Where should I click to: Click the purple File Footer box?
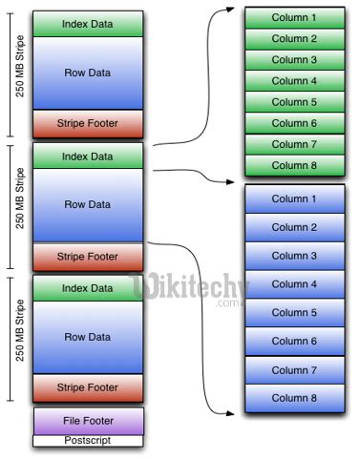[88, 420]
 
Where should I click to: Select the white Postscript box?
[88, 440]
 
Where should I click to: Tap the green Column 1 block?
[294, 18]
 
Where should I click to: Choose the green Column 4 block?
[294, 81]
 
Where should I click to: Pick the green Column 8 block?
[294, 165]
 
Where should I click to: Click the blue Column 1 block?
[294, 198]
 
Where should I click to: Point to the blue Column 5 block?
[294, 312]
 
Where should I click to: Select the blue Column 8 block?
[294, 398]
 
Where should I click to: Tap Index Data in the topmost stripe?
[88, 23]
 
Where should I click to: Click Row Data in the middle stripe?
[88, 204]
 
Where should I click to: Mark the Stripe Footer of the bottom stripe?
[88, 387]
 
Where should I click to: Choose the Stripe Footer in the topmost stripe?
[88, 123]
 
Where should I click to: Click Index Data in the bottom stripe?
[88, 287]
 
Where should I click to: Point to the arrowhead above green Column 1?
[233, 10]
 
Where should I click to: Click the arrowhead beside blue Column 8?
[234, 412]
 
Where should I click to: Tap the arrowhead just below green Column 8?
[234, 181]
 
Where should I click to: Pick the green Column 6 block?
[294, 123]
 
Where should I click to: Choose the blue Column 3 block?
[294, 256]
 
